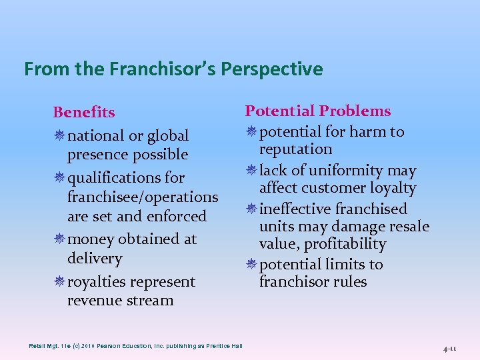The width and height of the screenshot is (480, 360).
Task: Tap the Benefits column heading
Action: [84, 113]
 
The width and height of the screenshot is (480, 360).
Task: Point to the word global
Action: [163, 136]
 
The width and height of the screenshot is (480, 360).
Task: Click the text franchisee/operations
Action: [143, 197]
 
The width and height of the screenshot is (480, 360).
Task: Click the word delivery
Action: [95, 258]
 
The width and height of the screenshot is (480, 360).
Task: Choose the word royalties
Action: [98, 282]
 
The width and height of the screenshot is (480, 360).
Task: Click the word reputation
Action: [295, 149]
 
